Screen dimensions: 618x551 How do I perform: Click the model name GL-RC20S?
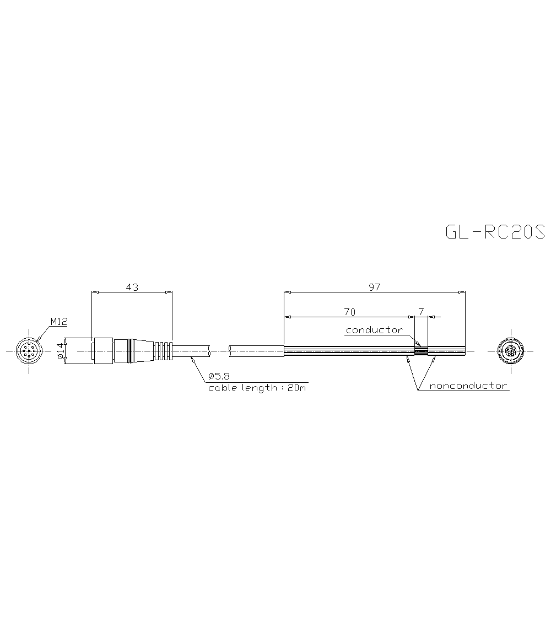click(x=494, y=232)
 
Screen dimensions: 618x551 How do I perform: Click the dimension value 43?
click(x=132, y=286)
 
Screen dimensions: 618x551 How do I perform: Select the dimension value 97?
click(x=375, y=286)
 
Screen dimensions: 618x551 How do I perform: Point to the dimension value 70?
click(x=349, y=311)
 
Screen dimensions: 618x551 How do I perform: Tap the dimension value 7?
click(x=421, y=311)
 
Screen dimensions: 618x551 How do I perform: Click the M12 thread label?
click(x=58, y=321)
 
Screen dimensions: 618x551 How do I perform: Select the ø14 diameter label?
click(x=61, y=350)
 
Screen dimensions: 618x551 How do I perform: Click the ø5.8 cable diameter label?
click(x=219, y=377)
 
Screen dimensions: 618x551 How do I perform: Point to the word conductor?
click(x=374, y=330)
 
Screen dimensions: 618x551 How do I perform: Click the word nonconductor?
click(x=468, y=386)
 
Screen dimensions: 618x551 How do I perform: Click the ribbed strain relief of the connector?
click(x=163, y=350)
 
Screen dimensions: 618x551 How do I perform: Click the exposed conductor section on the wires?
click(x=421, y=350)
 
